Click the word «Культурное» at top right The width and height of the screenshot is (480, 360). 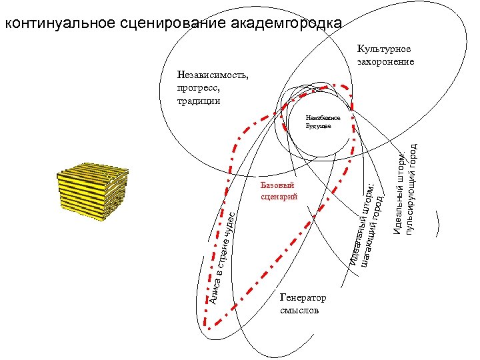pyautogui.click(x=384, y=49)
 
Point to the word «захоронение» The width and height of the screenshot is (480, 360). pyautogui.click(x=386, y=61)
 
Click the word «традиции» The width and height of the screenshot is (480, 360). pyautogui.click(x=198, y=101)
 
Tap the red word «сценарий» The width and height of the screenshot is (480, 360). pyautogui.click(x=279, y=197)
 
